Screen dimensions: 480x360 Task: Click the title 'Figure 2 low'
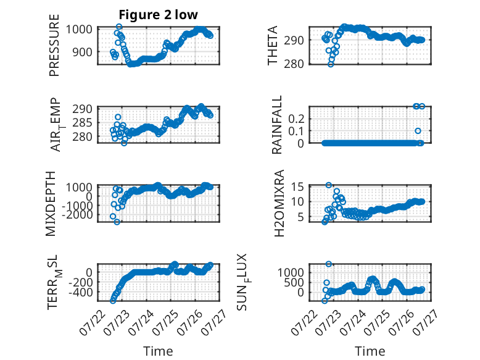point(159,15)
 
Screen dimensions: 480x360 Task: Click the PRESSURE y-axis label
point(54,45)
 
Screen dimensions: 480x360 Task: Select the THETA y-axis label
point(272,45)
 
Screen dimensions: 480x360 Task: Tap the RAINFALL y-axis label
point(277,125)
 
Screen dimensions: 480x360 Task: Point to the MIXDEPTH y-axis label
point(51,203)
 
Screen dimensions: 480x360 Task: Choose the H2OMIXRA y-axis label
point(279,203)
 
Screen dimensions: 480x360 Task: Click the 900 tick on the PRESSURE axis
point(82,52)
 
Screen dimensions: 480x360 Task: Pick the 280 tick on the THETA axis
point(294,64)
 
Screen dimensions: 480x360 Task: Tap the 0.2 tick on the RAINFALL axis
point(296,119)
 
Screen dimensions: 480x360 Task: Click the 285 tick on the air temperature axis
point(82,123)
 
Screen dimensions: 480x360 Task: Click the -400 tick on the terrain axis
point(80,292)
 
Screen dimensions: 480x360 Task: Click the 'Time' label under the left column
point(158,351)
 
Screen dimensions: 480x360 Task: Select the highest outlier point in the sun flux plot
point(328,264)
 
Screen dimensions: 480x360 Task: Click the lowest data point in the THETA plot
point(331,64)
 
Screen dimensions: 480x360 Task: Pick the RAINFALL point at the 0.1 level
point(418,131)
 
